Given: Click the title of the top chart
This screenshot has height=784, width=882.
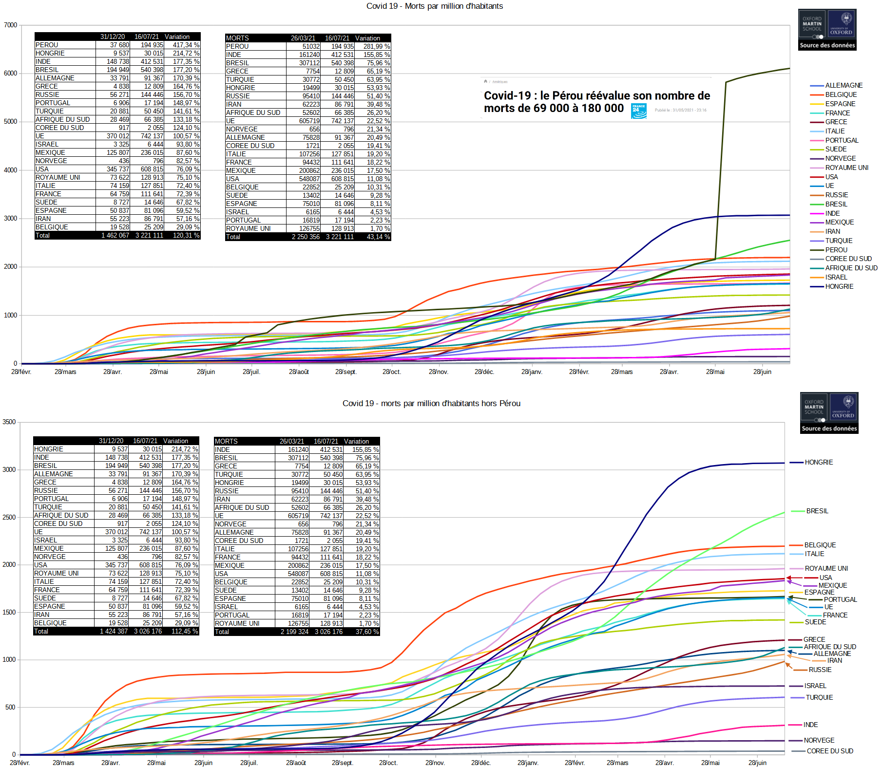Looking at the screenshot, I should [x=434, y=6].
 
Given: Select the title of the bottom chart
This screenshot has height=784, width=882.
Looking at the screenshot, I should [x=431, y=403].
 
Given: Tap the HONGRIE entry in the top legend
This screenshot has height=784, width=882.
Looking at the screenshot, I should [x=839, y=286].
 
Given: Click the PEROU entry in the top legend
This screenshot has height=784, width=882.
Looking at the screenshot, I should [x=836, y=250].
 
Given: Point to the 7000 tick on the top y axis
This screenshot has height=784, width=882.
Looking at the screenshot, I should [x=10, y=25].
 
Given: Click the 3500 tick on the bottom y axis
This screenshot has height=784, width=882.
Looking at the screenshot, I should [x=9, y=422].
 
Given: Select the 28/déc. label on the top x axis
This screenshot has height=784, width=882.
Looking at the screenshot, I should [x=484, y=372].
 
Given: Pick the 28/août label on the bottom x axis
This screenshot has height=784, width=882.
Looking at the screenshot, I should [x=296, y=763].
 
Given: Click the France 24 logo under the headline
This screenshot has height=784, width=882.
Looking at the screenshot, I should [x=639, y=111].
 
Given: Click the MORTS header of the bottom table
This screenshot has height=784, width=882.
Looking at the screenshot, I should [x=226, y=441].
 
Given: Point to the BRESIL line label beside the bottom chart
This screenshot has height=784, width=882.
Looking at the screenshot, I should [x=817, y=511].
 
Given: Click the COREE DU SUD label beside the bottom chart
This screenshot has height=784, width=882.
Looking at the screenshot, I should [x=830, y=751].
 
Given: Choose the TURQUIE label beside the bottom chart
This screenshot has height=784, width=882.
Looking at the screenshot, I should [x=819, y=697].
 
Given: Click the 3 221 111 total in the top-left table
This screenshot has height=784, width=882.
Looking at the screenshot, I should [x=149, y=235].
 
